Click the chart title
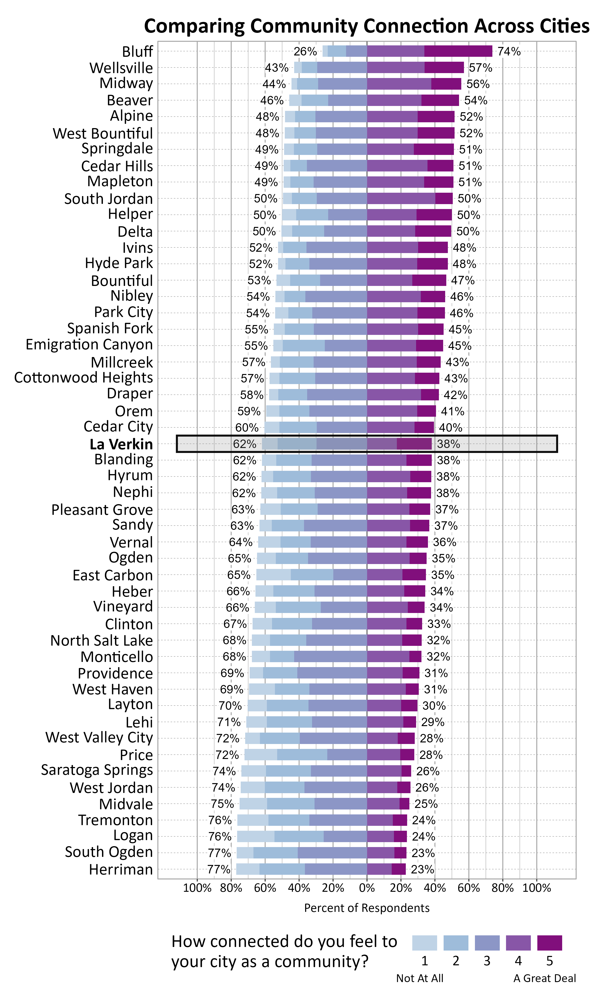pos(366,26)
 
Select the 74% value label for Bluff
pos(509,51)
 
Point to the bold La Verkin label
pos(121,444)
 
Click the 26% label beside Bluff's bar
pos(305,51)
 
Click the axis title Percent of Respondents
pos(367,908)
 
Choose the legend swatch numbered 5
pos(549,943)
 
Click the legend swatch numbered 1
pos(425,943)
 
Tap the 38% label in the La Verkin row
pos(448,444)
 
